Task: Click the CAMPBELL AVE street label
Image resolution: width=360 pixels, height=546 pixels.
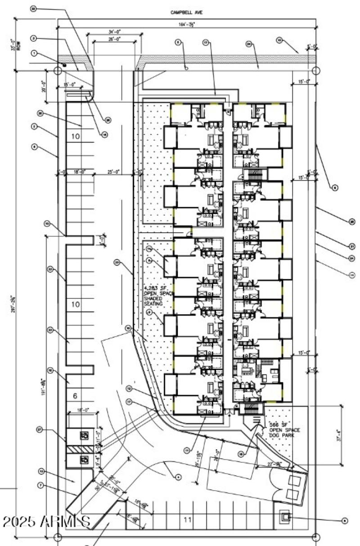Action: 186,13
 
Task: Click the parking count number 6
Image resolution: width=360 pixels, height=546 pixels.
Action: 75,396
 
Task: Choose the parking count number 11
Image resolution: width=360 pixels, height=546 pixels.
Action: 188,519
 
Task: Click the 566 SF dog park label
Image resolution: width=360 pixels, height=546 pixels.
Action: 281,430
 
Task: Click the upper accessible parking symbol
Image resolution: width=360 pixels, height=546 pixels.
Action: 84,435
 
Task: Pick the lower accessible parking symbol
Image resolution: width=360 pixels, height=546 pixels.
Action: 84,460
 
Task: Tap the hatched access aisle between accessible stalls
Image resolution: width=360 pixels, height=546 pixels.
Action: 80,449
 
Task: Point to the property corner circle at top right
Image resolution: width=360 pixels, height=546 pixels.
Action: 316,71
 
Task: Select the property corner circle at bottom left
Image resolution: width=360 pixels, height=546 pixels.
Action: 58,537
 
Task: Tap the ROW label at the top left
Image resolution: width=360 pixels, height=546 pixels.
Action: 18,46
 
